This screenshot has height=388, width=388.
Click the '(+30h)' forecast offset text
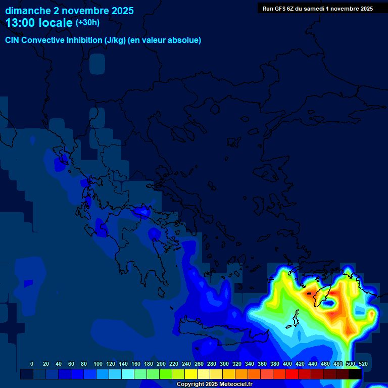point(87,22)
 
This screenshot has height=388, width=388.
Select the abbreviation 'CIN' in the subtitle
point(13,40)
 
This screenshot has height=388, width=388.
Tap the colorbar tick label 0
point(32,364)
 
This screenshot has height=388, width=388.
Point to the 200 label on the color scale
point(161,364)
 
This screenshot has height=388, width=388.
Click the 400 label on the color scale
point(287,364)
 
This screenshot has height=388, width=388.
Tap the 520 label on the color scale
point(363,364)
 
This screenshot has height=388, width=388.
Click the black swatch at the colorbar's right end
point(355,374)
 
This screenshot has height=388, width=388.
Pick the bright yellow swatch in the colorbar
point(191,374)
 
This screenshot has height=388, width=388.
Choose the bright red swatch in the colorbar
point(292,374)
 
